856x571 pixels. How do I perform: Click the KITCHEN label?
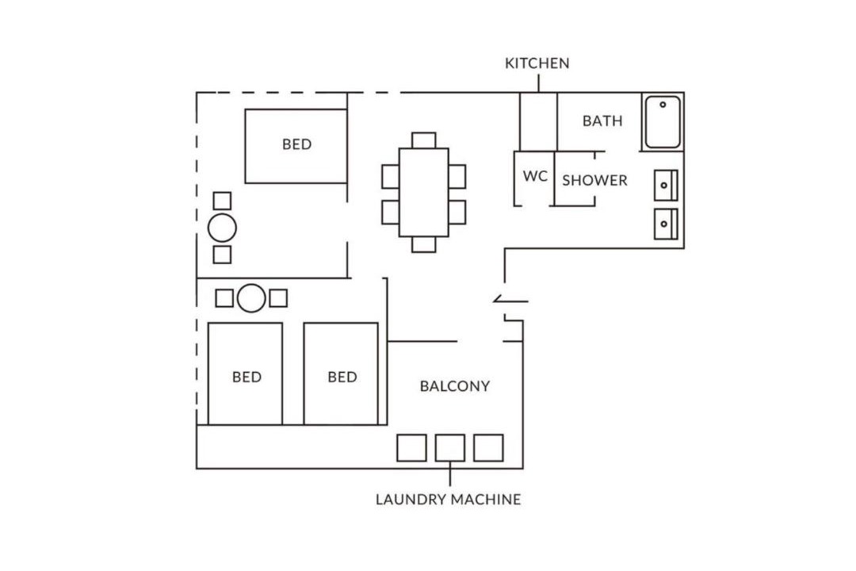(537, 63)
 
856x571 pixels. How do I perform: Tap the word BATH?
(602, 121)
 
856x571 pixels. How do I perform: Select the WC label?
(535, 176)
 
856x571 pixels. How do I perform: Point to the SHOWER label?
(594, 180)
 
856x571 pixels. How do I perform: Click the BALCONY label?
(455, 386)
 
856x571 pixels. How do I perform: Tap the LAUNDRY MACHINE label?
(448, 500)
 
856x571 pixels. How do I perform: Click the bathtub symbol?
(662, 122)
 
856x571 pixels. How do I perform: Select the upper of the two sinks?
(666, 186)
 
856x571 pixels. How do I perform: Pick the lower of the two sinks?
(666, 224)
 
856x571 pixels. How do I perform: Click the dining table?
(423, 193)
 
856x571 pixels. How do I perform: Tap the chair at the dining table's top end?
(423, 140)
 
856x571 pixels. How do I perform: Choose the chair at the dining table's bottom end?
(423, 244)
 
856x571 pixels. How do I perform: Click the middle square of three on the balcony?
(450, 448)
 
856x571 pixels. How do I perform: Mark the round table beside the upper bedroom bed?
(222, 228)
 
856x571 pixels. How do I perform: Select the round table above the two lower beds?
(252, 298)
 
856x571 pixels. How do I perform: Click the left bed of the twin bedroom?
(245, 374)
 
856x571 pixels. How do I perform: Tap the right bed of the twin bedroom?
(341, 374)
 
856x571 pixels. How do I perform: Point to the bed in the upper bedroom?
(296, 146)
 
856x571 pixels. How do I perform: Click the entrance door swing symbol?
(510, 300)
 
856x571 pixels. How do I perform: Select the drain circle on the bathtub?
(663, 105)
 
